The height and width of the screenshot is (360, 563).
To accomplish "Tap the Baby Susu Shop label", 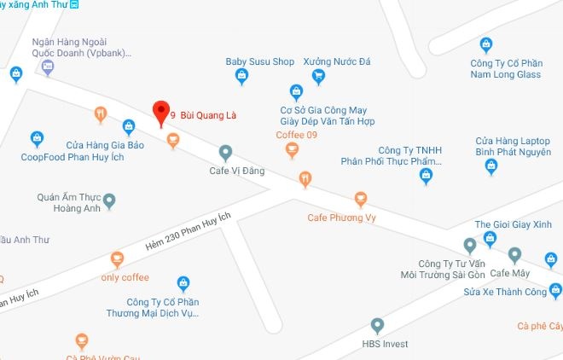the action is [259, 62].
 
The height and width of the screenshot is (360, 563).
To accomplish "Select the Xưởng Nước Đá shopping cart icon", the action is [319, 77].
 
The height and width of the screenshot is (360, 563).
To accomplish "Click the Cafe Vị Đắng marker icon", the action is [225, 153].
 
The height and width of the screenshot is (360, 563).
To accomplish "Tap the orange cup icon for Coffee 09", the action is [293, 151].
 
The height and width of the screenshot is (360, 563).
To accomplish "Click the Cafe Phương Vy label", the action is [341, 218].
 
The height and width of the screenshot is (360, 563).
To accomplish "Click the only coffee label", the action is [125, 277].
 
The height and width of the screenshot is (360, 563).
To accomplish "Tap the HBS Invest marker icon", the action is [378, 325].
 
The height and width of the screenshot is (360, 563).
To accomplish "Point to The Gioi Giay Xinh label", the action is [508, 224].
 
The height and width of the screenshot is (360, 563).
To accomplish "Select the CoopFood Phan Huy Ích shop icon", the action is [37, 137].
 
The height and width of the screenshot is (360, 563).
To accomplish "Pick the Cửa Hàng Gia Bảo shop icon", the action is [129, 127].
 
